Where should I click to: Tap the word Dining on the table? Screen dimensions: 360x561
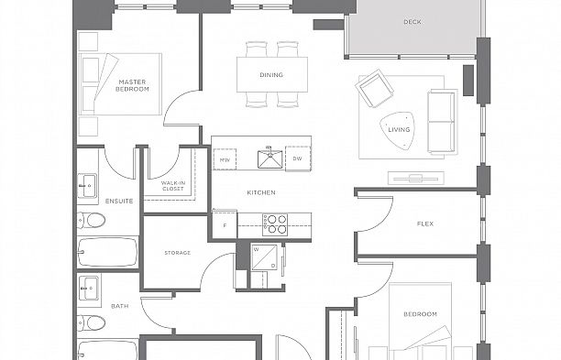click(271, 75)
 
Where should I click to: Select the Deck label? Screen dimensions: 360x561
click(412, 22)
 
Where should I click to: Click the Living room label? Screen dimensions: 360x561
click(399, 129)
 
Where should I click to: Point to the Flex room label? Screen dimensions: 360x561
click(425, 224)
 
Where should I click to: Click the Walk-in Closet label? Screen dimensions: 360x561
click(174, 186)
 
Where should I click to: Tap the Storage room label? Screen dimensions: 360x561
click(177, 252)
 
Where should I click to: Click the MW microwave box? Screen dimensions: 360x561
click(225, 160)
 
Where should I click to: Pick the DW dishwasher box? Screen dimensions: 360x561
click(297, 159)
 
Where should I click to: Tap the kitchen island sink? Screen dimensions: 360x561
click(270, 160)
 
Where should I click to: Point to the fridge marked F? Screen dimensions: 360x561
click(224, 224)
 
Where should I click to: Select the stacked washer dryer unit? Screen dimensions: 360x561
click(267, 257)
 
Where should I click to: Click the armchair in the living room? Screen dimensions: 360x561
click(374, 91)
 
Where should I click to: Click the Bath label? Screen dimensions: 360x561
click(120, 306)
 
